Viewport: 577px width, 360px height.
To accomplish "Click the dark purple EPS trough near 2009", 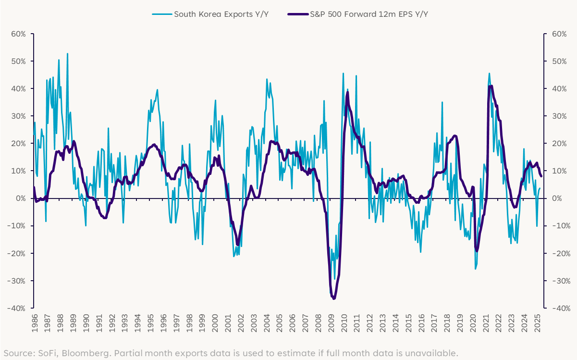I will (333, 298).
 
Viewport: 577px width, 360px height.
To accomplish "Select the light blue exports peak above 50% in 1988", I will (67, 54).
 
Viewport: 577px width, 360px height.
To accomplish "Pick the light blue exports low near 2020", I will (475, 269).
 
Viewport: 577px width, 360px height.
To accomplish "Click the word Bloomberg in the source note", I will (72, 353).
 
